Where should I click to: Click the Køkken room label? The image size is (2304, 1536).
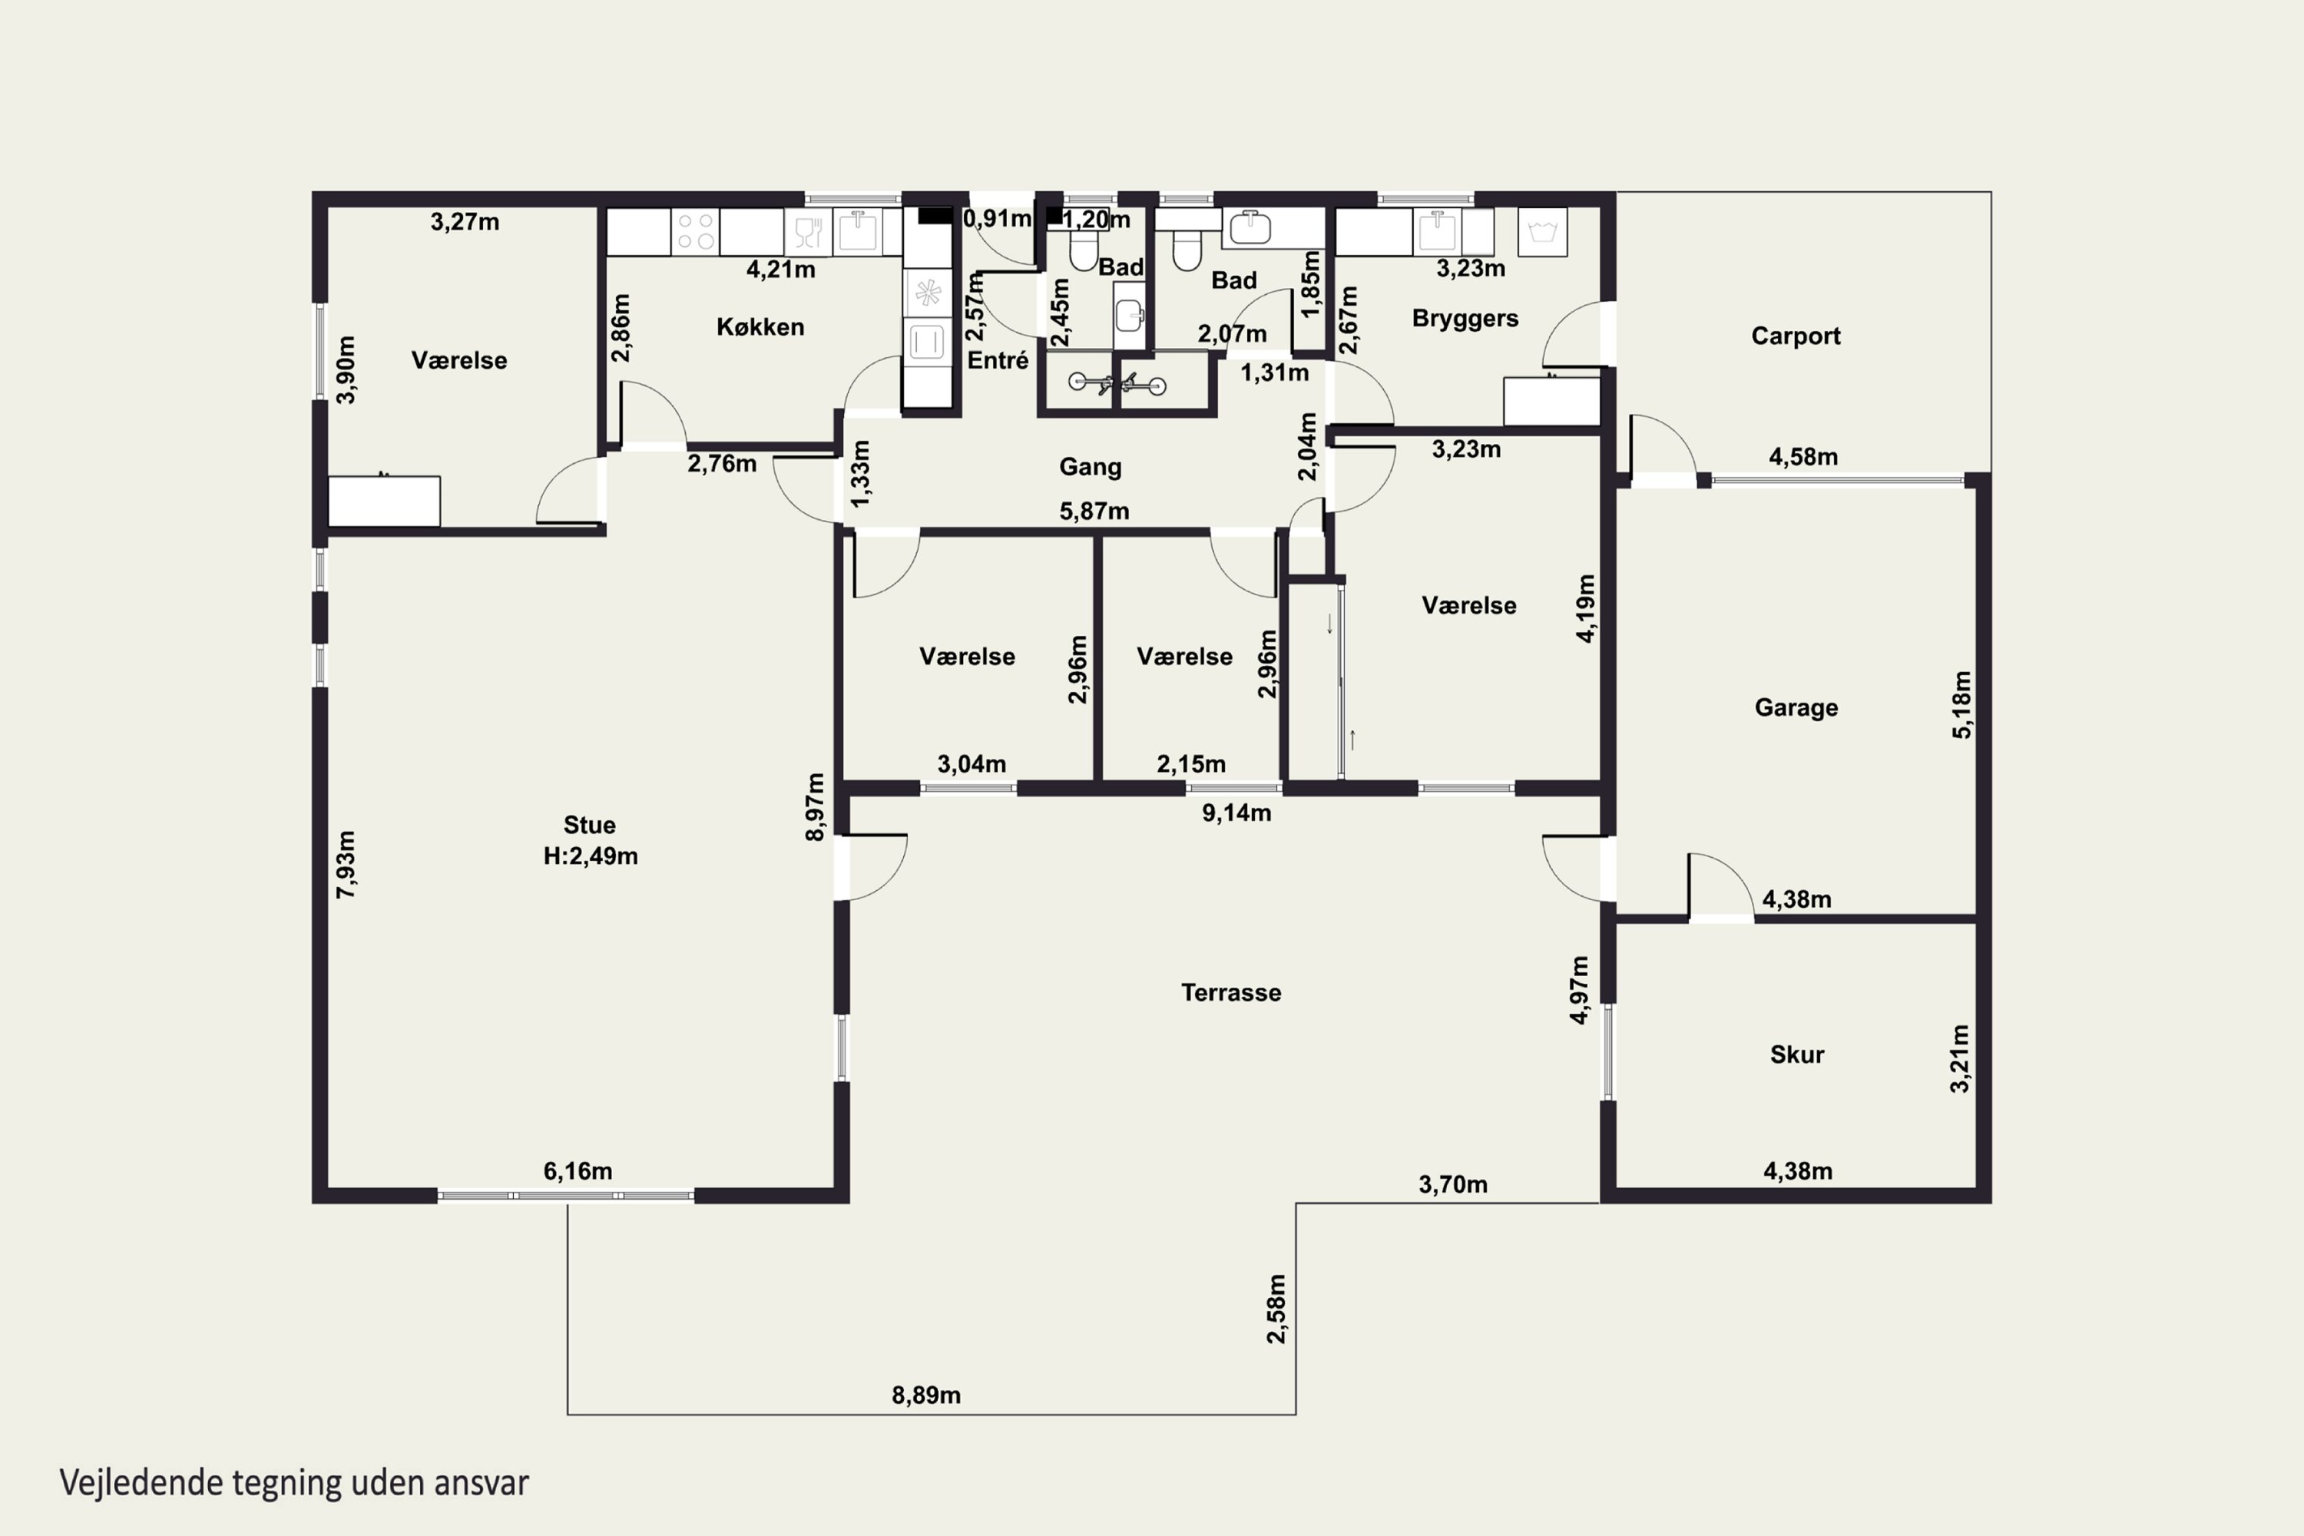(x=760, y=327)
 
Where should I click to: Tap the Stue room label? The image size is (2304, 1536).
(x=590, y=825)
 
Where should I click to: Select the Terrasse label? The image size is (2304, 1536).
(x=1231, y=992)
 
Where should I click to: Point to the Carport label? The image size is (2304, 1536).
(x=1796, y=336)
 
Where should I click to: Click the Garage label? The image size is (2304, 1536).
(x=1796, y=707)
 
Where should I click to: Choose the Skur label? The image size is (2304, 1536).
(x=1796, y=1054)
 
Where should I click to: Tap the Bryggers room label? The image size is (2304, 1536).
(x=1465, y=319)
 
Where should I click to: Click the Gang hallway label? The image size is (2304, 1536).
(x=1091, y=466)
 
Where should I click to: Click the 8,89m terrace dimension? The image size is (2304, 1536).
(x=925, y=1395)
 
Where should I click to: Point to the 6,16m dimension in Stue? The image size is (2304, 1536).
(x=578, y=1170)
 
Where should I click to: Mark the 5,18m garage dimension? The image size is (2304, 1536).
(x=1962, y=704)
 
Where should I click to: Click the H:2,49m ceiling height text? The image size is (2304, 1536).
(x=591, y=856)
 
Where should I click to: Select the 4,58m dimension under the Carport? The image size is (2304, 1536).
(x=1803, y=456)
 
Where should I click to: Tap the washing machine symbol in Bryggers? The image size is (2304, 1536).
(x=1543, y=232)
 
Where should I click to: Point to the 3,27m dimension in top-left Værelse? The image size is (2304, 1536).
(x=465, y=221)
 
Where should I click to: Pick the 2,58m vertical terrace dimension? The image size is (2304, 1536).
(x=1276, y=1309)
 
